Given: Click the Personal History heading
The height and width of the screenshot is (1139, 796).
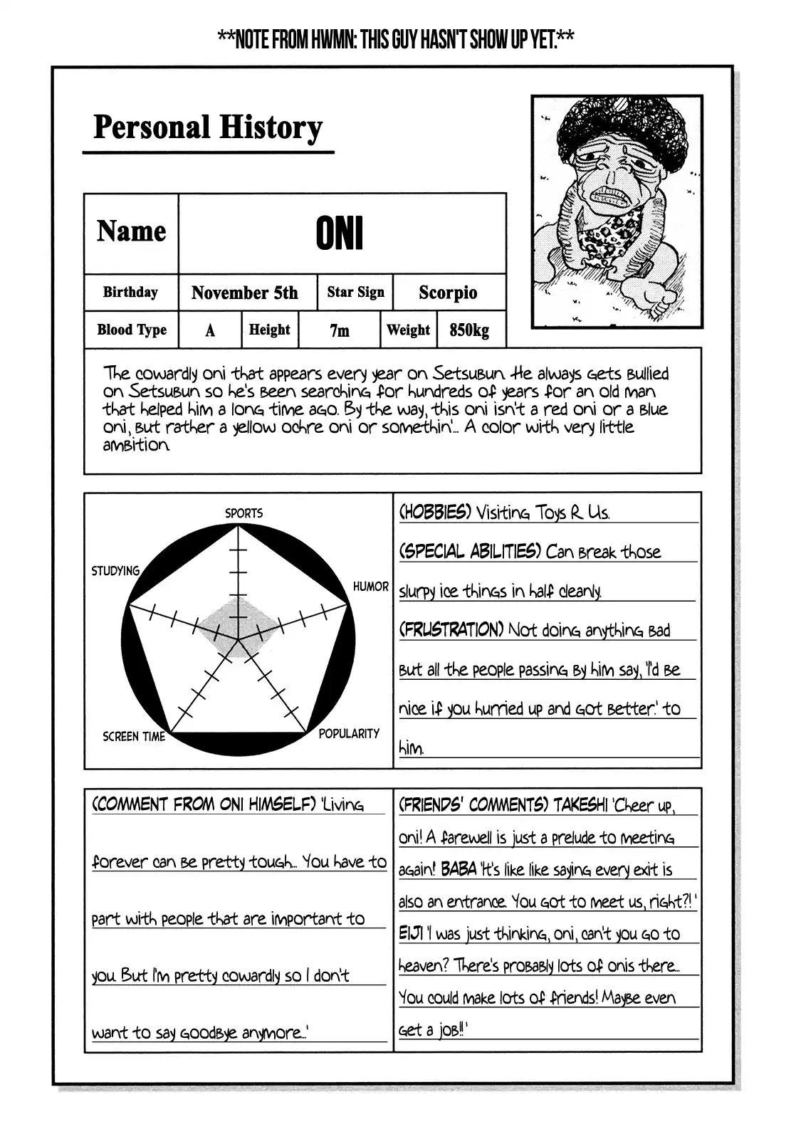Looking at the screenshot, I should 208,128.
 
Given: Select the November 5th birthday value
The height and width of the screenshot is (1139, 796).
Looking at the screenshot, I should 244,293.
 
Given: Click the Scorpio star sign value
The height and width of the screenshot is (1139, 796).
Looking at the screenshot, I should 448,293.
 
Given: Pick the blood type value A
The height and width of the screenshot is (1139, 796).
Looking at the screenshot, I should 210,330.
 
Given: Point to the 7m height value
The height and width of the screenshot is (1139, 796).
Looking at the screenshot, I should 340,330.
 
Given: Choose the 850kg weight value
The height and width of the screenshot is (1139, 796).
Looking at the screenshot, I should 469,330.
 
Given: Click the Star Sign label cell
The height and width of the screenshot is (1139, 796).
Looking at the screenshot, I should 355,292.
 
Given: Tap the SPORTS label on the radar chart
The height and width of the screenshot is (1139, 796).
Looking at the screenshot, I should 243,513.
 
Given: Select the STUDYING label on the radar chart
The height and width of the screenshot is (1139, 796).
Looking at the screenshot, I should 115,570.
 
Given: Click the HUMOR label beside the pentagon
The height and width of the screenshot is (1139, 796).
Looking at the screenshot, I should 371,587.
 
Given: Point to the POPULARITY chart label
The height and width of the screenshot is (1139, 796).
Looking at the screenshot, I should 349,733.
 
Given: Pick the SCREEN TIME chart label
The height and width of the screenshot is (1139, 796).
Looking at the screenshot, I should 134,737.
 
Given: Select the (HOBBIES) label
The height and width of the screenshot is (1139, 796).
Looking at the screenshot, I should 434,512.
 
